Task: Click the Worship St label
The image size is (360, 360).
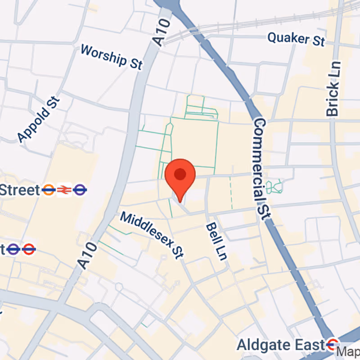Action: point(111,57)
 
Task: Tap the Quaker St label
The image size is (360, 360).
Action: point(296,39)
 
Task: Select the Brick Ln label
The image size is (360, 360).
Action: point(333,89)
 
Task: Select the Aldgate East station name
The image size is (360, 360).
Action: point(281,345)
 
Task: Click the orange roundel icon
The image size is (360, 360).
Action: point(48,190)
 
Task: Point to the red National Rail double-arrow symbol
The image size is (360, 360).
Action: point(64,190)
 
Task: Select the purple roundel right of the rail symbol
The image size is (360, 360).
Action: point(80,190)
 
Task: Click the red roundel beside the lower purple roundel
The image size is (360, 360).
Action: point(29,248)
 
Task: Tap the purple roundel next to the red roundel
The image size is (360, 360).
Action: point(13,248)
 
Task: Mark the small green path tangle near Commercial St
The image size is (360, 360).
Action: point(274,186)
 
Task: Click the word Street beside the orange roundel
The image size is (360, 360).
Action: point(20,190)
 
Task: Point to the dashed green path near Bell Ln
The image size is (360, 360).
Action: point(231,193)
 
